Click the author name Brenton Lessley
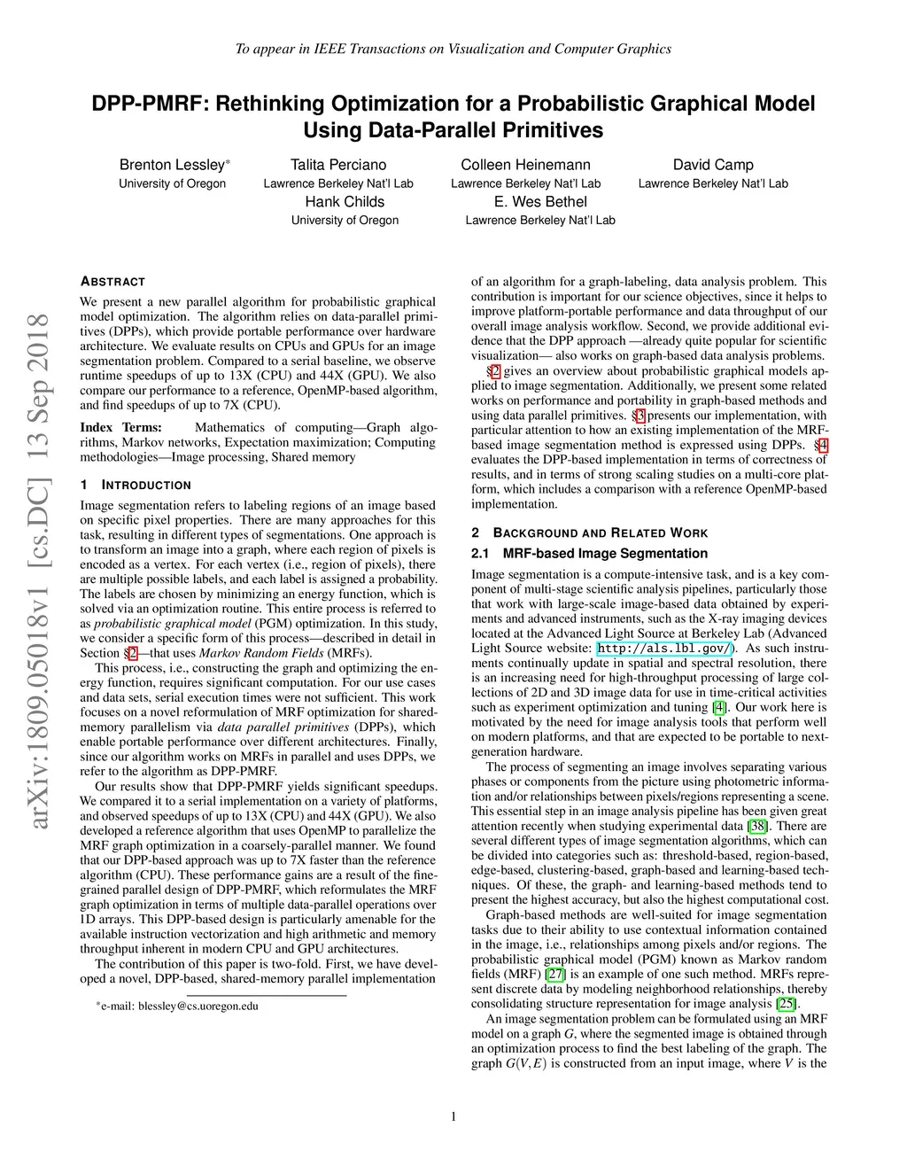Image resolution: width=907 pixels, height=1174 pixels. [173, 165]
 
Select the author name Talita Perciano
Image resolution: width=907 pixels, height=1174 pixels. [338, 165]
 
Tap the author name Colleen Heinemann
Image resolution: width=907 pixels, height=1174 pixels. [525, 165]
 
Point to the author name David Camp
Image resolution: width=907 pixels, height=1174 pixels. [713, 165]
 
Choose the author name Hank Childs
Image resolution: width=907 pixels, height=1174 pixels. [345, 202]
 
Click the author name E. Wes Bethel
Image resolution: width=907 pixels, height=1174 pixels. [540, 202]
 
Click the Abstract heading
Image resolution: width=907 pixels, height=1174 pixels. [112, 282]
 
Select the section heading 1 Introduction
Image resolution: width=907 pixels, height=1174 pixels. [136, 486]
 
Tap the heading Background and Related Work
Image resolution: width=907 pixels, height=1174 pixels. [590, 533]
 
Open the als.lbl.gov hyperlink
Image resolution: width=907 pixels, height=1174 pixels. [664, 649]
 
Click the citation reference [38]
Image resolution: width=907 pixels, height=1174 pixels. [758, 826]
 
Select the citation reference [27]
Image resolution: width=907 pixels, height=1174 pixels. [555, 974]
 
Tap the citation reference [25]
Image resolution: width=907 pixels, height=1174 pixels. [787, 1004]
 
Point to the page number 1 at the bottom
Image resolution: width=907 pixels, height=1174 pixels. [453, 1116]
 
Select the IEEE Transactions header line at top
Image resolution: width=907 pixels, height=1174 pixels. [453, 49]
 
